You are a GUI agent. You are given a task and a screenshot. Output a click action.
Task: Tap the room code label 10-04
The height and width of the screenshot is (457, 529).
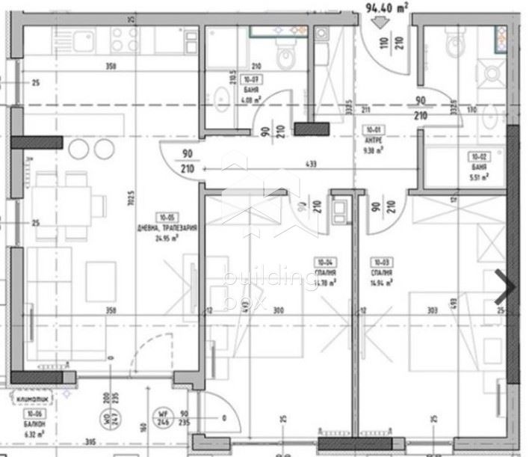click(324, 262)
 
